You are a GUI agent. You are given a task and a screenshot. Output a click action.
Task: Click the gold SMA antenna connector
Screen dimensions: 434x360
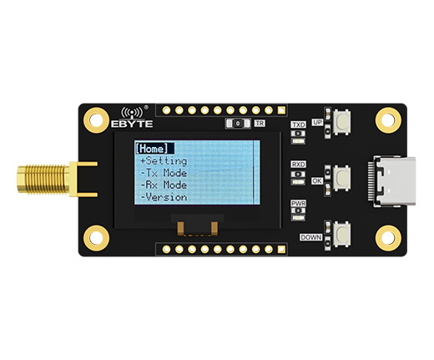click(57, 179)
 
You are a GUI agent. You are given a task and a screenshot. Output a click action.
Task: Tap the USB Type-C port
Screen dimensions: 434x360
click(394, 181)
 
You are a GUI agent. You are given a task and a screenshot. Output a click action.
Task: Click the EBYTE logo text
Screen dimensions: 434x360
click(132, 124)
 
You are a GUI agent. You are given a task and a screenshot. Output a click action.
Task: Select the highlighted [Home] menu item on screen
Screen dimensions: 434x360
click(154, 149)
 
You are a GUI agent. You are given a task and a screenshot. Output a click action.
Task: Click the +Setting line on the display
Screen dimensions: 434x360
click(164, 161)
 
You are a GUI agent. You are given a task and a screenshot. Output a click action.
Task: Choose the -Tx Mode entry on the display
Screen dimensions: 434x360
click(164, 173)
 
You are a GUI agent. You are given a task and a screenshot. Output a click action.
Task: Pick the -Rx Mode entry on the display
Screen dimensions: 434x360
click(164, 185)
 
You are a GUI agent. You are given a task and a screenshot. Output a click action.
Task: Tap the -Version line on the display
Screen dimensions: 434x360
click(164, 197)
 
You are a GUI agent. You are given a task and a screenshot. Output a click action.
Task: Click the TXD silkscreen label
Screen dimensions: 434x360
click(298, 124)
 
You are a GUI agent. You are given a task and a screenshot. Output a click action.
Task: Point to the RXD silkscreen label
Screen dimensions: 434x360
click(298, 165)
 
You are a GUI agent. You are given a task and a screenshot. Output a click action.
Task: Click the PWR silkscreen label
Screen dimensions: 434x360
click(298, 204)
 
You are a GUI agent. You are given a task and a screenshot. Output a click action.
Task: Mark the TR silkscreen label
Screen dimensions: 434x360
click(260, 124)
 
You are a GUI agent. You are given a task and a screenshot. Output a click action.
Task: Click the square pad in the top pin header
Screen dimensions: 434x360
click(281, 110)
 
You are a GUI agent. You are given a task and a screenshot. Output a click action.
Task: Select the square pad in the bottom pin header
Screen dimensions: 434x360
click(281, 249)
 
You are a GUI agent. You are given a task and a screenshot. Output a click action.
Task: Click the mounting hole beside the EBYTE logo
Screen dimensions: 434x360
click(96, 120)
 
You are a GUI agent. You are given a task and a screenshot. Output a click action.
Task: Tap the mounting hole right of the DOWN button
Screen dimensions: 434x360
click(388, 238)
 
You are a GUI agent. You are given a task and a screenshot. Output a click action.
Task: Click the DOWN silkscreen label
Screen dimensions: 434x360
click(311, 237)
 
